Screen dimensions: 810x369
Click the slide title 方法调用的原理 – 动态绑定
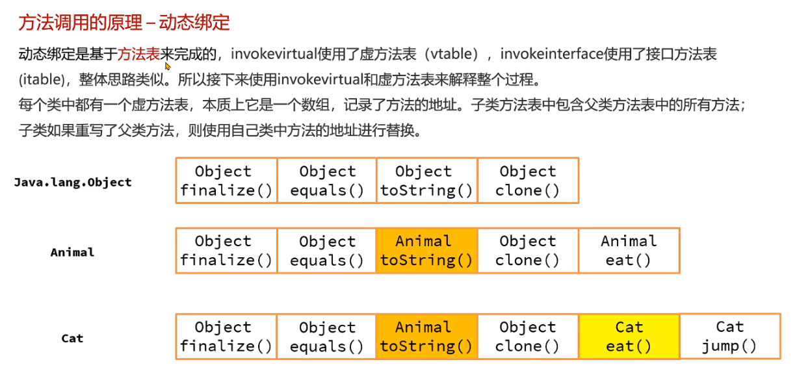124,23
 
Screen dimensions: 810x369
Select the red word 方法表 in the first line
138,54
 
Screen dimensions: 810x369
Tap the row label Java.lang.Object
73,182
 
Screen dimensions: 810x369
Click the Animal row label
72,252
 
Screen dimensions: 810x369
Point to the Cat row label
72,338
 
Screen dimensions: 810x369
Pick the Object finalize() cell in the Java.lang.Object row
226,181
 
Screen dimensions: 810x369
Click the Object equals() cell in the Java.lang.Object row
327,181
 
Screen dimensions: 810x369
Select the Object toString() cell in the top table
426,181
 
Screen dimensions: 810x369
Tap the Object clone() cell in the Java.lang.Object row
527,181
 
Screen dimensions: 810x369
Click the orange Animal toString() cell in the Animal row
426,250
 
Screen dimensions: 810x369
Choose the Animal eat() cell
629,250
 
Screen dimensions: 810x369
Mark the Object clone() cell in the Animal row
527,250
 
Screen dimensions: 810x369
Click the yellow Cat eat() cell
629,337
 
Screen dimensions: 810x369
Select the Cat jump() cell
729,336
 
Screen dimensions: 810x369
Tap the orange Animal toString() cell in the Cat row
426,337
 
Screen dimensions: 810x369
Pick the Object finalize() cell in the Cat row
226,337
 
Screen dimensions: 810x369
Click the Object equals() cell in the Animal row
327,250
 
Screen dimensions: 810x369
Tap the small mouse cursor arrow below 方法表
168,66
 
